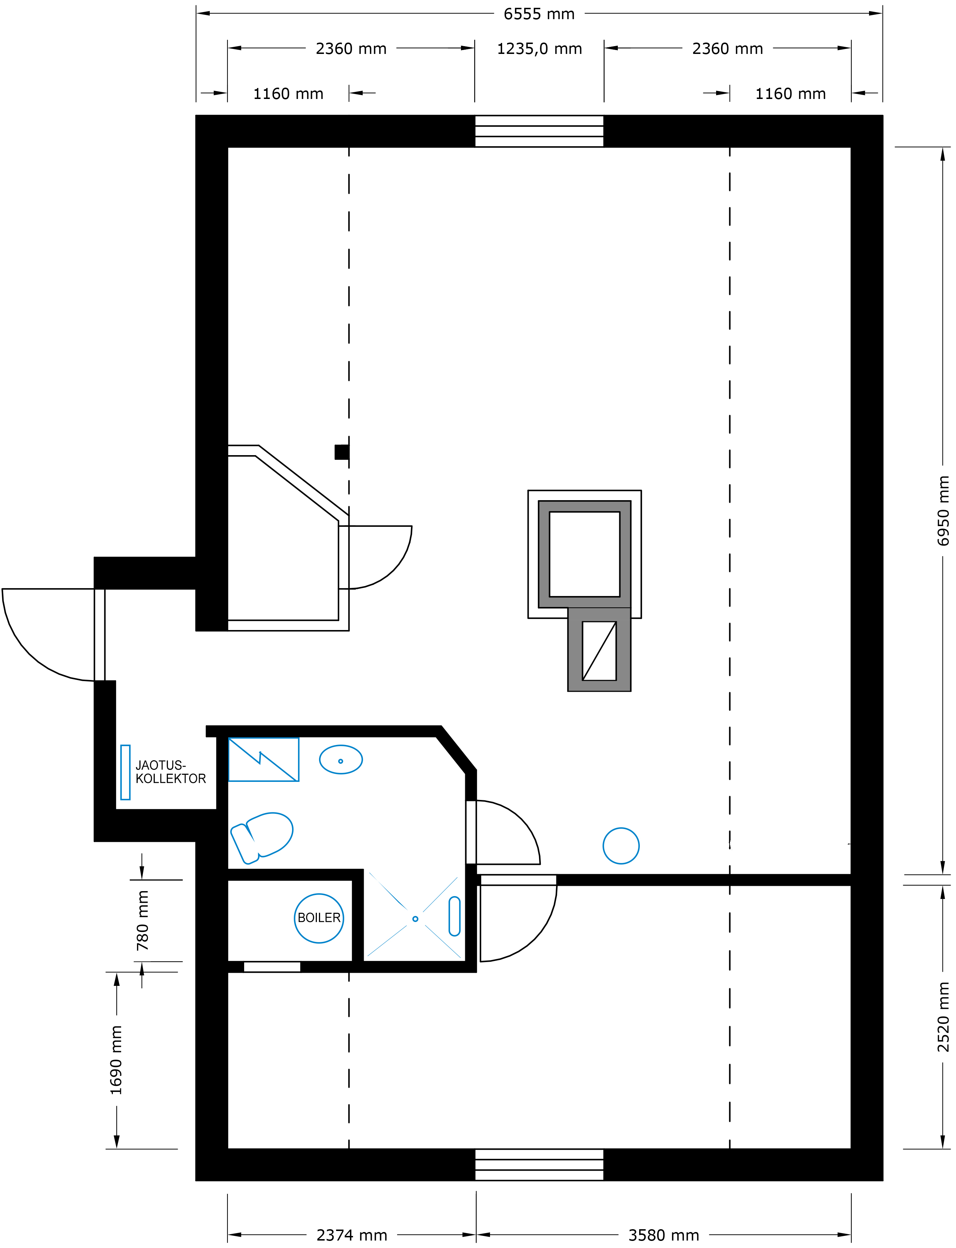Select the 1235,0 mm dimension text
[x=539, y=49]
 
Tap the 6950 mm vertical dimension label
[x=943, y=511]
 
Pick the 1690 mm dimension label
[x=116, y=1060]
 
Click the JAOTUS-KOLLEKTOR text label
[x=171, y=772]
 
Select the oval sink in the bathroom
[x=341, y=760]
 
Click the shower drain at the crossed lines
[x=416, y=919]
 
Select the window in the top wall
[x=539, y=131]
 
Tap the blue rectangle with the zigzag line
[x=263, y=760]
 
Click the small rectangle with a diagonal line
[x=599, y=651]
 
